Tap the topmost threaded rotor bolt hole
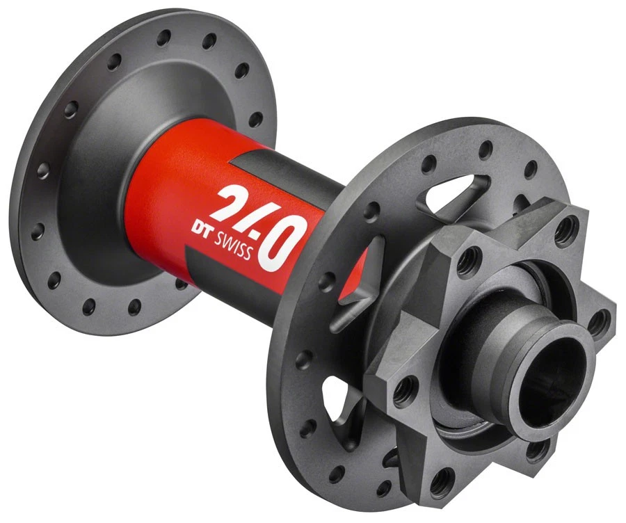pyautogui.click(x=568, y=225)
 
